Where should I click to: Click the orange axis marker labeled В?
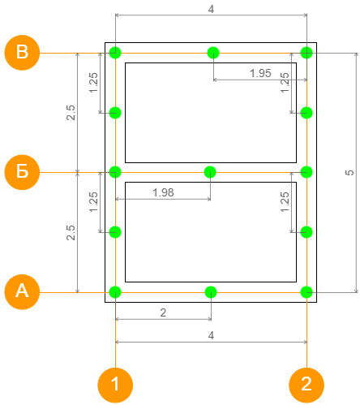22,53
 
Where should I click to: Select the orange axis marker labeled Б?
22,172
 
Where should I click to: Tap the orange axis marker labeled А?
22,291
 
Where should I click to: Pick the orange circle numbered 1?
115,385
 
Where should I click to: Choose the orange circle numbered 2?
306,385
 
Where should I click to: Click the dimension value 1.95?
260,73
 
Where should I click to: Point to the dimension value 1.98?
163,192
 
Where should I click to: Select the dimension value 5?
349,172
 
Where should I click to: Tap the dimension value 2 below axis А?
163,312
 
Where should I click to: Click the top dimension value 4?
211,9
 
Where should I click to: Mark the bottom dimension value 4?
211,335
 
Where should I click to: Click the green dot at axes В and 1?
115,53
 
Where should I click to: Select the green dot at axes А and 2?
306,292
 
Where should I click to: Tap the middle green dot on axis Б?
210,172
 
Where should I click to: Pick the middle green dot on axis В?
213,53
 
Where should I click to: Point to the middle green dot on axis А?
211,292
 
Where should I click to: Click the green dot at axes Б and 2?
306,172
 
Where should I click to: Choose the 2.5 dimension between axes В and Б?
71,113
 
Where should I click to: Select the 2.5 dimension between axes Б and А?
71,232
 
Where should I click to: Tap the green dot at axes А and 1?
115,292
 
